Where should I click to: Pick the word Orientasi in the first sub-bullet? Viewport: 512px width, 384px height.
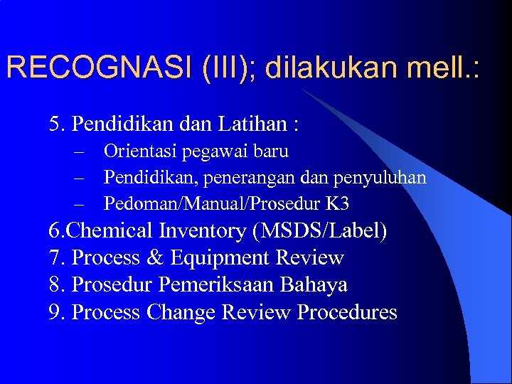click(140, 151)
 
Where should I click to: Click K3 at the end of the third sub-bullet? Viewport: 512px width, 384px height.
click(337, 204)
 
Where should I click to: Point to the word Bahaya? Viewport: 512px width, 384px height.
click(314, 285)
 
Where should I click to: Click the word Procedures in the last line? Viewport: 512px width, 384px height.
click(347, 312)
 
